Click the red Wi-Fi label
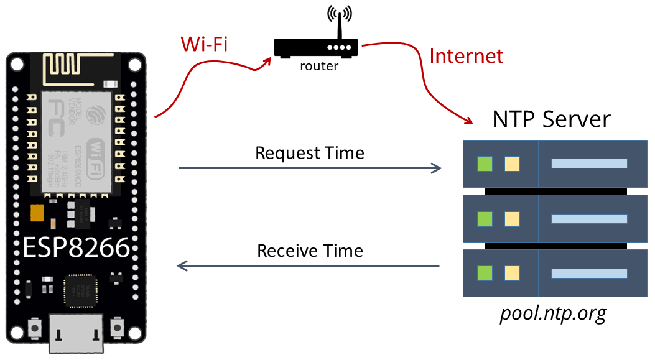(205, 44)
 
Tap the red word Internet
(466, 56)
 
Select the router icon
(316, 47)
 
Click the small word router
(318, 66)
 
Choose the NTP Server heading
(551, 119)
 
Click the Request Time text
(310, 153)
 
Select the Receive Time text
(310, 251)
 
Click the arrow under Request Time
(310, 168)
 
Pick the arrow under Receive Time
(309, 266)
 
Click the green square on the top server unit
(485, 164)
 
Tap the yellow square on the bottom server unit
(512, 273)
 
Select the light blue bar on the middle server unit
(588, 219)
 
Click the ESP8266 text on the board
(76, 248)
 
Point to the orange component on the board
(37, 213)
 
